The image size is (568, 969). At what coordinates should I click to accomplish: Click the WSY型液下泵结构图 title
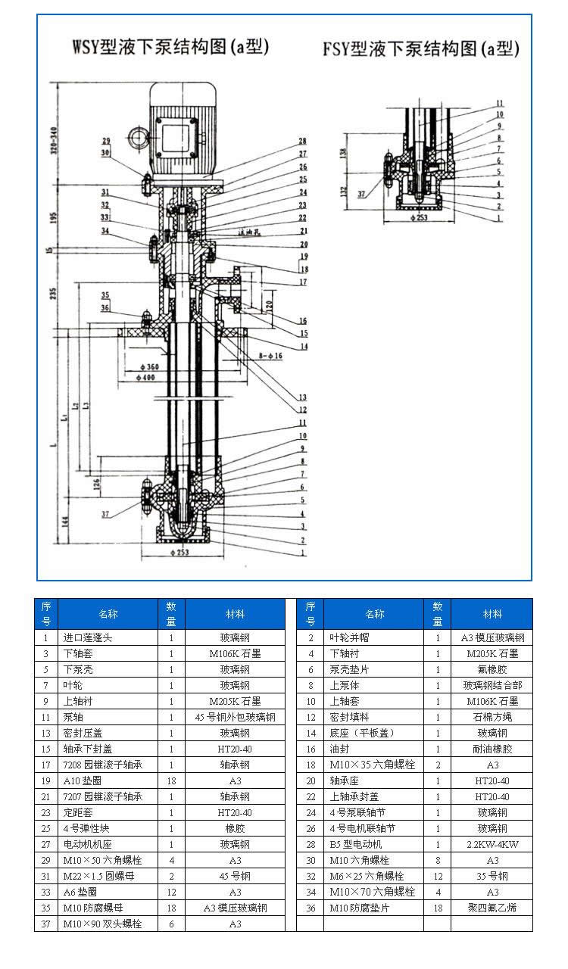pyautogui.click(x=170, y=48)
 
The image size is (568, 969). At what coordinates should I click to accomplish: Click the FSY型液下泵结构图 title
pyautogui.click(x=420, y=50)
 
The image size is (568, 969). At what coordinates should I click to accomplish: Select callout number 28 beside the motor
pyautogui.click(x=302, y=142)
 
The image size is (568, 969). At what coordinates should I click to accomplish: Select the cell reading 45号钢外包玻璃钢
pyautogui.click(x=235, y=717)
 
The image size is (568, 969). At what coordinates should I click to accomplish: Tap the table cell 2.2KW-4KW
pyautogui.click(x=492, y=844)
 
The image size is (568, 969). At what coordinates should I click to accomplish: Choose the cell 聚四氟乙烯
pyautogui.click(x=492, y=908)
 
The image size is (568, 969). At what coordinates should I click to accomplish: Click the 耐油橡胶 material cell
pyautogui.click(x=492, y=749)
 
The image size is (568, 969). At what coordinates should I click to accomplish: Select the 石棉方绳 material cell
pyautogui.click(x=492, y=717)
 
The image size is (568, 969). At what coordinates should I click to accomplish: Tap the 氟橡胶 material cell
pyautogui.click(x=492, y=669)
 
